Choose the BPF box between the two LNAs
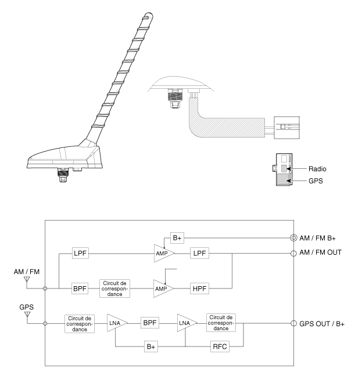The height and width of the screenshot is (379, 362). point(148,322)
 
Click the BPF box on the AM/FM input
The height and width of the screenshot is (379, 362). point(80,287)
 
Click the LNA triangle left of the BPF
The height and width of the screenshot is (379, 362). point(114,322)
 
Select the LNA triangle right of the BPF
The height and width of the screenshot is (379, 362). point(185,322)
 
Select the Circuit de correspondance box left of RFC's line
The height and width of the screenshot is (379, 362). point(220,322)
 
